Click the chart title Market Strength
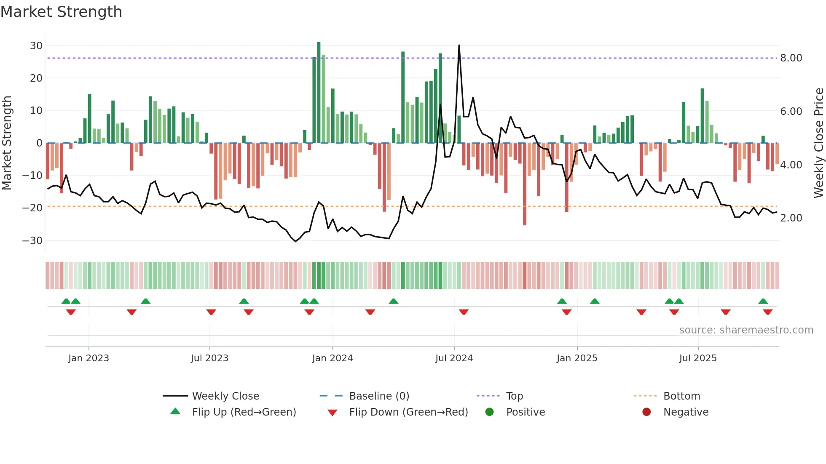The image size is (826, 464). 61,12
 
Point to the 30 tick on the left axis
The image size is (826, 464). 36,45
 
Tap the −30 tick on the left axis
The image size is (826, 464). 32,241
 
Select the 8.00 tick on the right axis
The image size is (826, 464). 791,58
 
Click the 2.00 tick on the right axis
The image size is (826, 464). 791,218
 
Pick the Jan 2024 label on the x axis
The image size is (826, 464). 333,358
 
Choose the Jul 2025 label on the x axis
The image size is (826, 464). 698,358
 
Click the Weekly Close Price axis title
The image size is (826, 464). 818,143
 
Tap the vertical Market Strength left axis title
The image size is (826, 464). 7,143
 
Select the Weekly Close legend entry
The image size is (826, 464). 225,396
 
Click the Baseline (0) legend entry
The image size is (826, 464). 379,396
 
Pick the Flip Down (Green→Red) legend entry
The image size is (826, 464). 408,412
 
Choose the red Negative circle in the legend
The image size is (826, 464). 646,412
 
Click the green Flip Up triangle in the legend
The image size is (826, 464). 175,411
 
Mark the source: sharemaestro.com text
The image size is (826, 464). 746,330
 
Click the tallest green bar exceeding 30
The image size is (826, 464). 319,93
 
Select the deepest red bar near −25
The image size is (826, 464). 525,184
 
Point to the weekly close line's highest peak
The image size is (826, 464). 459,45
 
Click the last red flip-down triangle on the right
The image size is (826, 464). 767,312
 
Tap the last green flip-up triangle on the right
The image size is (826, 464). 763,301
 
